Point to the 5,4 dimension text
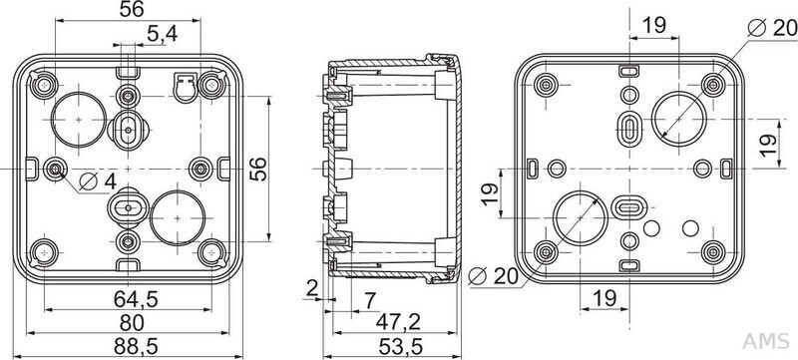pyautogui.click(x=162, y=34)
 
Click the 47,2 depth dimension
pyautogui.click(x=398, y=322)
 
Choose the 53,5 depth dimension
pyautogui.click(x=401, y=347)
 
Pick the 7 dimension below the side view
pyautogui.click(x=370, y=301)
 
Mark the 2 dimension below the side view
pyautogui.click(x=312, y=288)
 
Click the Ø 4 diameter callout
pyautogui.click(x=98, y=181)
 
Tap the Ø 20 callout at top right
pyautogui.click(x=772, y=28)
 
